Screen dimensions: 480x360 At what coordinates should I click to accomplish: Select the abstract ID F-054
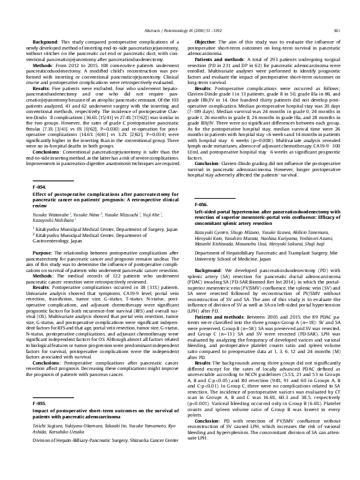[x=38, y=188]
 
